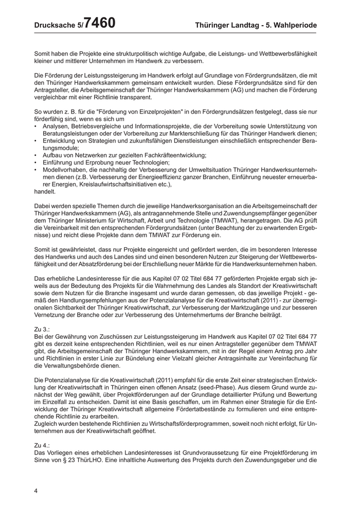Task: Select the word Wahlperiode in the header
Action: pos(294,25)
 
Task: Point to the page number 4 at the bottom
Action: pos(36,490)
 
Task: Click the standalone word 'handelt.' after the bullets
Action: pos(45,191)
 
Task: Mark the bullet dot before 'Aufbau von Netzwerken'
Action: pos(35,155)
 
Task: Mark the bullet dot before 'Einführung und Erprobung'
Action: pos(35,162)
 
